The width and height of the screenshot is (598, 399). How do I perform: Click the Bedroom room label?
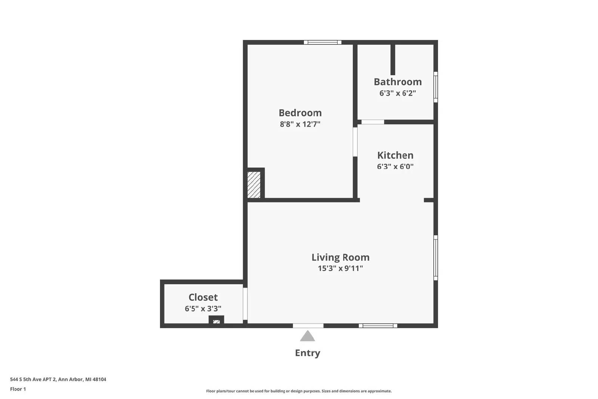point(300,113)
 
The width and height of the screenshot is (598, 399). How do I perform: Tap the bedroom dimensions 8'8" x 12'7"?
point(300,124)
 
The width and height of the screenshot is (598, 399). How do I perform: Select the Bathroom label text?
point(398,82)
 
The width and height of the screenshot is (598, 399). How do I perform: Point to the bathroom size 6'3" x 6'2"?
point(398,93)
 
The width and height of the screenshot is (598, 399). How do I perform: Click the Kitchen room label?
point(395,155)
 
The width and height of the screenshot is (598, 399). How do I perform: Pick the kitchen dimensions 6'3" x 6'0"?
point(395,167)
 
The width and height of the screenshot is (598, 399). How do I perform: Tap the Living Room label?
point(340,257)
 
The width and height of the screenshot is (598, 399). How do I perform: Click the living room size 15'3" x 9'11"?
point(340,268)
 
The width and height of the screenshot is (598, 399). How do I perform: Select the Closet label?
point(203,297)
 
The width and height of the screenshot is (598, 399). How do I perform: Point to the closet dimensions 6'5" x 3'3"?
point(203,309)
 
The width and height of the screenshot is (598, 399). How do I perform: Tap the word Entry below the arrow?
point(308,353)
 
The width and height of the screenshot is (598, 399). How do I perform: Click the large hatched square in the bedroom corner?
point(254,185)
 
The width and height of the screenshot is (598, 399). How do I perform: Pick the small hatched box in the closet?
point(216,322)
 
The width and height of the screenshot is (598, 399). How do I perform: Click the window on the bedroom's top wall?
point(323,42)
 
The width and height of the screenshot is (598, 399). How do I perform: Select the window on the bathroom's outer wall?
point(436,87)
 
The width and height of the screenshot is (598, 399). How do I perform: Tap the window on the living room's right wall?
point(436,258)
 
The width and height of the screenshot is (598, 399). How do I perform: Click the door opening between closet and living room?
point(245,304)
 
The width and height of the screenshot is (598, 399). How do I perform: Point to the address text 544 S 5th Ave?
point(34,380)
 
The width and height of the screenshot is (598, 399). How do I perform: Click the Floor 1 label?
point(18,389)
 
